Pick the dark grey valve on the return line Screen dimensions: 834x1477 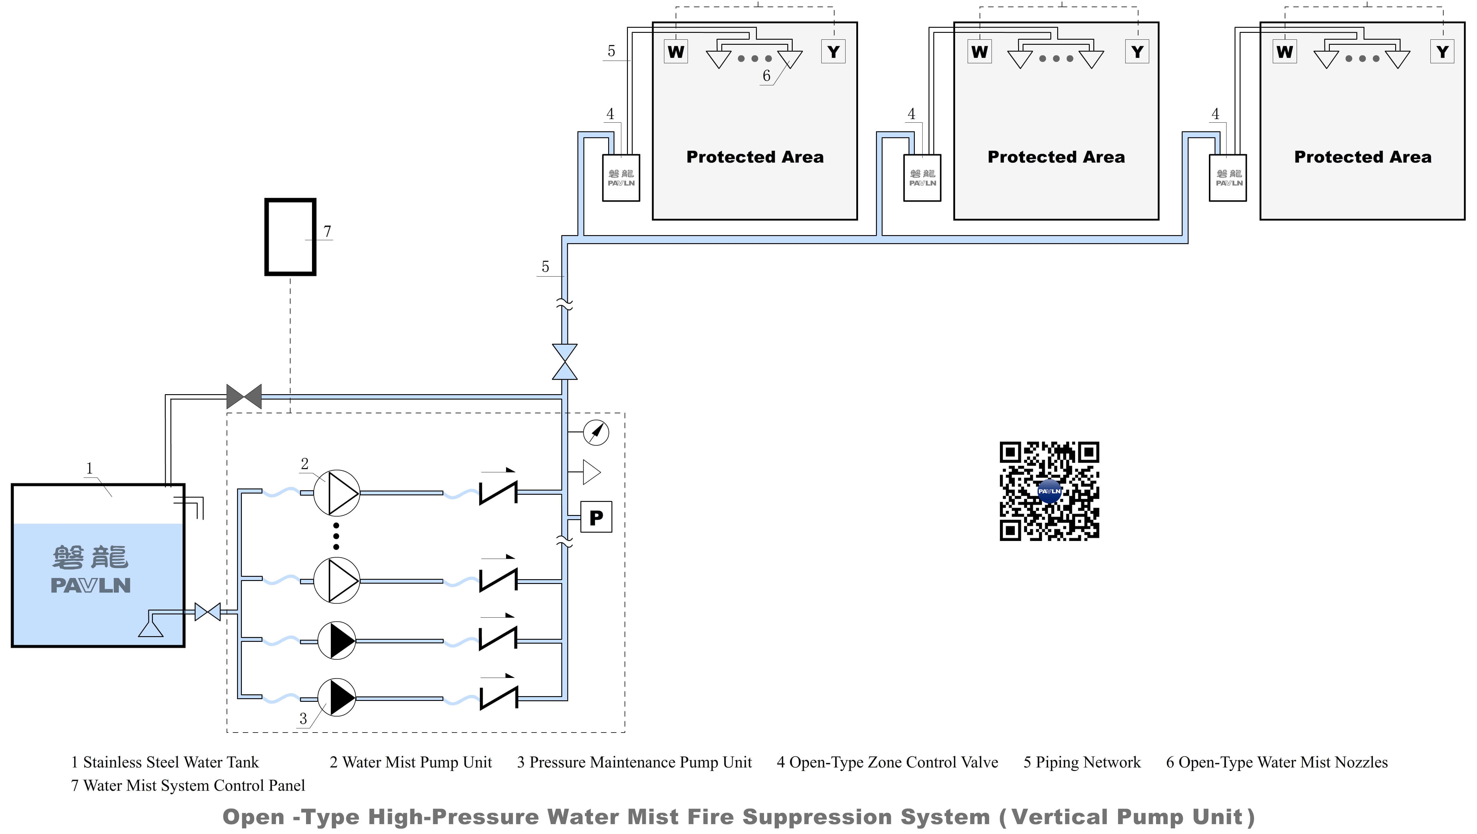(x=244, y=396)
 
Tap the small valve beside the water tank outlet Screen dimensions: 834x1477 (x=208, y=612)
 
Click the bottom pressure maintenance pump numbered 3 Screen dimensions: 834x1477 (x=336, y=698)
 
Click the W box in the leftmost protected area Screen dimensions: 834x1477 (x=676, y=52)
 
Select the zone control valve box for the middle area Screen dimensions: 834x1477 (x=922, y=178)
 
